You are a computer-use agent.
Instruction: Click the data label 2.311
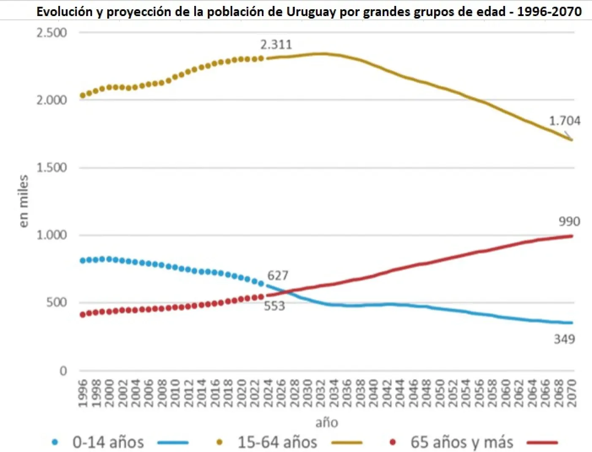tap(276, 44)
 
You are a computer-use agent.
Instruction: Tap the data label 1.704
tap(565, 121)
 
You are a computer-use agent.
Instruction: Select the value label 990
tap(569, 221)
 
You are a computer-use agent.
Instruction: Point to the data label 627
tap(278, 275)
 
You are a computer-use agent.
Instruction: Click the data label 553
tap(274, 306)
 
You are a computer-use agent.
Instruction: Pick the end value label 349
tap(564, 339)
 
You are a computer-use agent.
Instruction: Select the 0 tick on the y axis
tap(63, 371)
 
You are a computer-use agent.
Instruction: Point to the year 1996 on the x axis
tap(83, 393)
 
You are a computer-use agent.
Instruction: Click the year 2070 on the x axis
tap(572, 393)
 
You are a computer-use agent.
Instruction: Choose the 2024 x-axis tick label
tap(268, 393)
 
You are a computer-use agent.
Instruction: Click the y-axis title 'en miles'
tap(24, 201)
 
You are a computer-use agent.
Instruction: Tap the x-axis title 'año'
tap(326, 422)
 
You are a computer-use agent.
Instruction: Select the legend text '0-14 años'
tap(108, 442)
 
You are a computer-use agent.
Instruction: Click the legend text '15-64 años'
tap(277, 442)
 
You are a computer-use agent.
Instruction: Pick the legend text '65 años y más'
tap(462, 442)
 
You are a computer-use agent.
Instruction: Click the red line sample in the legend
tap(542, 443)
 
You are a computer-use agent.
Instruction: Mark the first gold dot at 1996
tap(83, 95)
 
